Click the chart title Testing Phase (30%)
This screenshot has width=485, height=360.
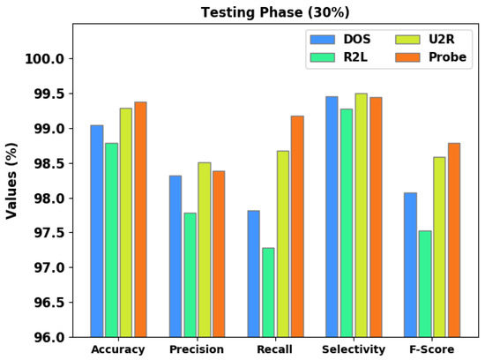click(x=275, y=11)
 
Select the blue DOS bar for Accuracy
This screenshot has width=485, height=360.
click(x=96, y=231)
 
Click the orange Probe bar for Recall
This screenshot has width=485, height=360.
click(x=297, y=226)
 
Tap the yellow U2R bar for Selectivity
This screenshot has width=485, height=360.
click(x=361, y=215)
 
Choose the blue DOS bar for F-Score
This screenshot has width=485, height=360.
click(x=409, y=265)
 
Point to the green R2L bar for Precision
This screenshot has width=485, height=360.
click(x=190, y=274)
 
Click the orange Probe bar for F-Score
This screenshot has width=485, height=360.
click(x=453, y=240)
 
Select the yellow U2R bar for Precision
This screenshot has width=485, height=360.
click(x=204, y=250)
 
